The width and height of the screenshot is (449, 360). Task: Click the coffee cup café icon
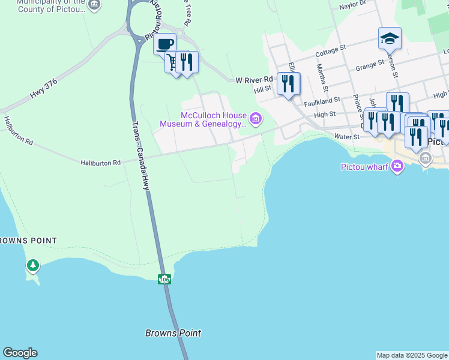[x=164, y=44]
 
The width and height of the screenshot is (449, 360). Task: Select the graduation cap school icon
[x=390, y=39]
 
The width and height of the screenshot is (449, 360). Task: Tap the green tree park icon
[x=33, y=265]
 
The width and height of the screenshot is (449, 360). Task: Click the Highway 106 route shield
[x=164, y=279]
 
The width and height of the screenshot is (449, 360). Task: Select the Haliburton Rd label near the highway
[x=100, y=162]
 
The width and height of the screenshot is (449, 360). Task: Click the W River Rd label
[x=254, y=79]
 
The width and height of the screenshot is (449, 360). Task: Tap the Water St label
[x=347, y=137]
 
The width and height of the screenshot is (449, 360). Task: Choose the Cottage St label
[x=331, y=50]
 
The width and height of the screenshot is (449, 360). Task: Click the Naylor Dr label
[x=352, y=5]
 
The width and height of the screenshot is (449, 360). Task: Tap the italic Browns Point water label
[x=173, y=333]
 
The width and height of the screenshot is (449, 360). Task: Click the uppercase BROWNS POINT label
[x=28, y=241]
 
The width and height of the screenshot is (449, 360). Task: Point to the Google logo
[x=20, y=353]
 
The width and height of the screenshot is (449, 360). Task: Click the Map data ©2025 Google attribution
[x=412, y=355]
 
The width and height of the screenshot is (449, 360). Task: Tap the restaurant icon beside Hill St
[x=289, y=84]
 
